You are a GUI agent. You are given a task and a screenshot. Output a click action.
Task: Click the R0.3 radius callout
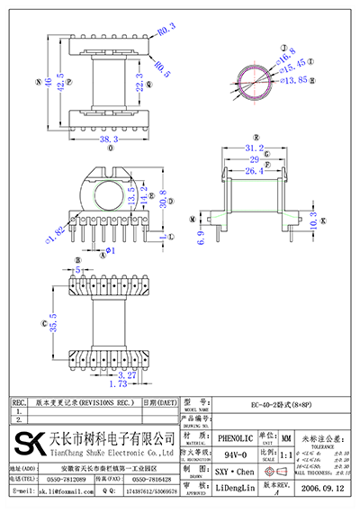click(166, 33)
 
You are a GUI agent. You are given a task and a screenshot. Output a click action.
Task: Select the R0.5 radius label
click(161, 66)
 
